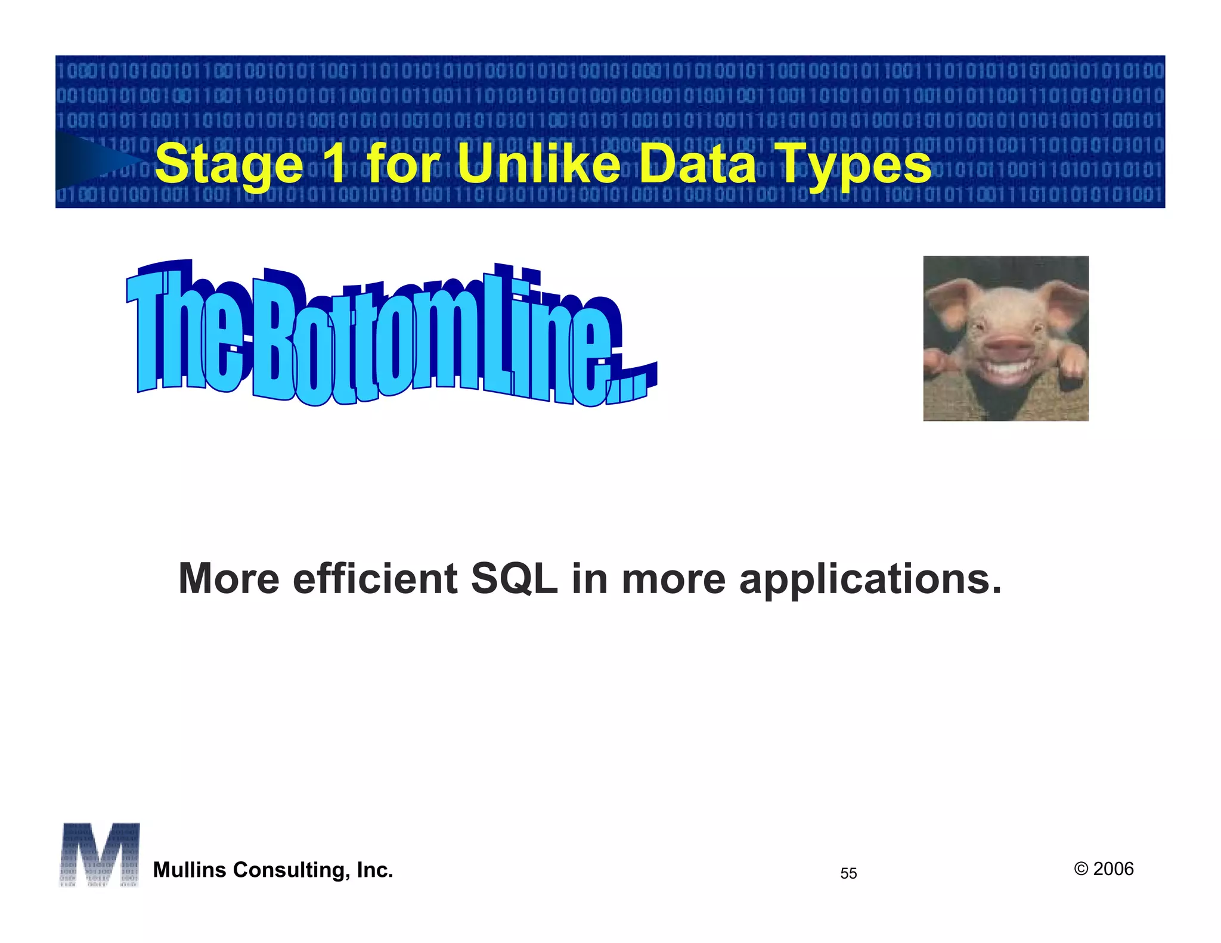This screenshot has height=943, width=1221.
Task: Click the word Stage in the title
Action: pyautogui.click(x=229, y=164)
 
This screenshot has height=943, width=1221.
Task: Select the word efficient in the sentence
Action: pyautogui.click(x=375, y=578)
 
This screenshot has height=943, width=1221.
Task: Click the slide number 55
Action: pyautogui.click(x=848, y=873)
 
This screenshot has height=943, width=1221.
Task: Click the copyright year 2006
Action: pyautogui.click(x=1112, y=868)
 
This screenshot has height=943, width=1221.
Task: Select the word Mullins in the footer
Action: pyautogui.click(x=190, y=870)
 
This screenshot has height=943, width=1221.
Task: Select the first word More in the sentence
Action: pyautogui.click(x=229, y=578)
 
